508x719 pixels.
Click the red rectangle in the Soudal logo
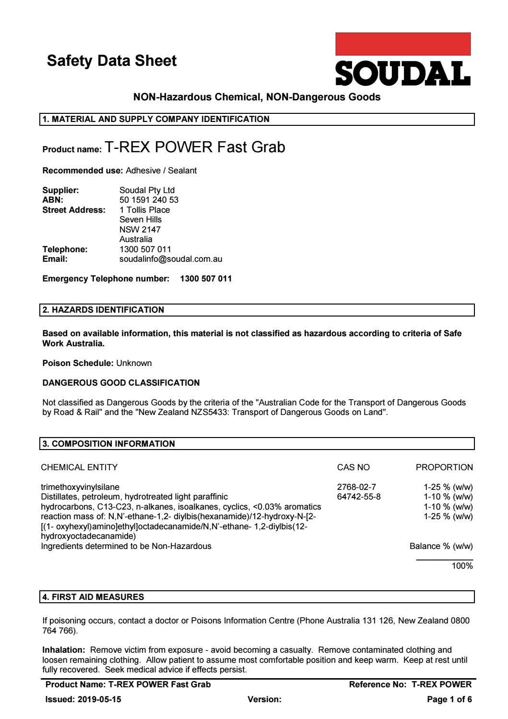click(x=402, y=44)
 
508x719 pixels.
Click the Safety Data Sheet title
click(x=112, y=61)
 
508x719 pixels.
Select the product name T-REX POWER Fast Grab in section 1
click(x=195, y=147)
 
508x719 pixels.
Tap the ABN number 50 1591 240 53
click(x=149, y=200)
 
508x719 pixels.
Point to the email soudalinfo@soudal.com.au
click(x=171, y=259)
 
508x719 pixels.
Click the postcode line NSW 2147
click(x=140, y=230)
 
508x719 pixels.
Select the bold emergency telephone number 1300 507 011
click(x=206, y=279)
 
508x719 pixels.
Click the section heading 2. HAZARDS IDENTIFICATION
click(x=103, y=310)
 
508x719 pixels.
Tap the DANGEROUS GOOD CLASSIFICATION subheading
click(x=121, y=383)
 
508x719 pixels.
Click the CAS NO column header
click(x=354, y=467)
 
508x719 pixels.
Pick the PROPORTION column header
click(x=444, y=467)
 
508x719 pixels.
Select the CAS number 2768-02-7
click(x=356, y=487)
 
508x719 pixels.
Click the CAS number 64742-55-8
click(x=359, y=497)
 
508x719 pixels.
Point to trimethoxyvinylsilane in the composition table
click(x=80, y=487)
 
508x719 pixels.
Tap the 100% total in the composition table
click(x=462, y=566)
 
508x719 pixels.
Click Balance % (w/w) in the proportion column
click(x=441, y=546)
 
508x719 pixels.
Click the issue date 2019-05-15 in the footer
click(x=99, y=699)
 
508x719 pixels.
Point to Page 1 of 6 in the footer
click(x=449, y=699)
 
